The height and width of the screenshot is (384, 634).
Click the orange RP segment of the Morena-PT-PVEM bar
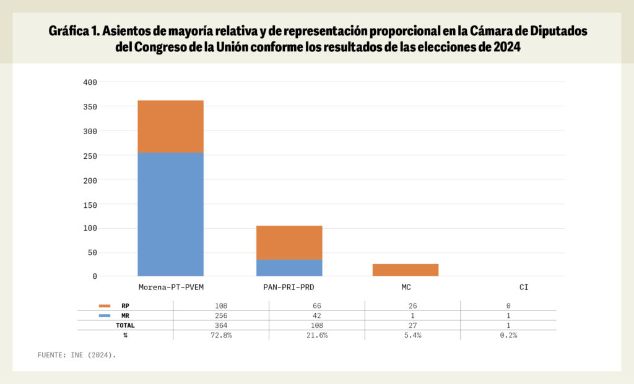pos(170,126)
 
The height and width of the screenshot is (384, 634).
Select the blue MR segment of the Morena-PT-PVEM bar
pos(170,214)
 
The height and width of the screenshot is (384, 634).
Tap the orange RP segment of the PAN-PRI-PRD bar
pos(289,242)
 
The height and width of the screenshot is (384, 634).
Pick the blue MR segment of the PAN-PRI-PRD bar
pos(289,268)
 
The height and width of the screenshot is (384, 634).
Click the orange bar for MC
pos(406,270)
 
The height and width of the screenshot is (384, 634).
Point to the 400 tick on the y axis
pos(90,82)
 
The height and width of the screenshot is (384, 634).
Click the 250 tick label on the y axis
pos(90,155)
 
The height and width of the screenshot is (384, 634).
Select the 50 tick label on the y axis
pos(92,252)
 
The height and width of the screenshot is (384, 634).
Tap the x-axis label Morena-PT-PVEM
pos(171,288)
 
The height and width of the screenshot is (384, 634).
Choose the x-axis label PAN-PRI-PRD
pos(289,288)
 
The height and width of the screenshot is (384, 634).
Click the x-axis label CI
pos(524,288)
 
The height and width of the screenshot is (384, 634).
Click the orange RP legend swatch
pos(104,306)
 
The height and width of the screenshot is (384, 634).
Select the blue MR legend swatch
pos(104,316)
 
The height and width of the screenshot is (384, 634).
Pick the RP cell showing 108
pos(221,306)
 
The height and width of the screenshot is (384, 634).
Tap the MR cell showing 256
pos(221,316)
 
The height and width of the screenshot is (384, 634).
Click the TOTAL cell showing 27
pos(412,325)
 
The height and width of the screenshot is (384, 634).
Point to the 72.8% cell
pos(221,335)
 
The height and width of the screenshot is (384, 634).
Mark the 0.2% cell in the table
pos(508,335)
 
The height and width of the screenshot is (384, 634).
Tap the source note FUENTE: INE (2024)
pos(77,356)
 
